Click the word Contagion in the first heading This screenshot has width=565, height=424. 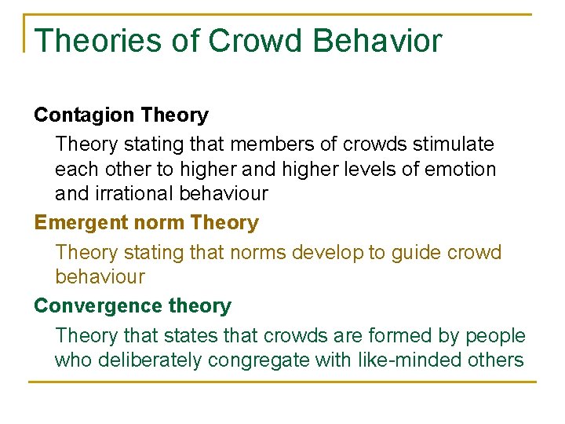coord(84,115)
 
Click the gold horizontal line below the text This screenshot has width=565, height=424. coord(282,382)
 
